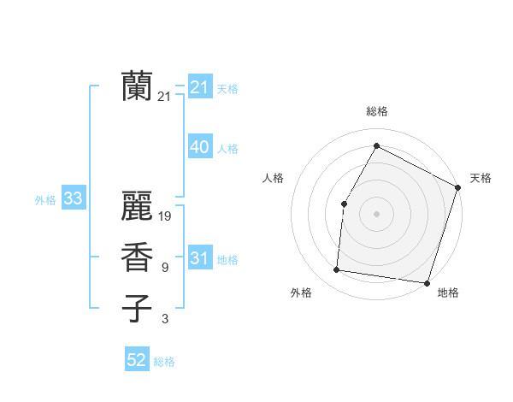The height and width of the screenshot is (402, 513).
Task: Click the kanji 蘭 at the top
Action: pyautogui.click(x=136, y=86)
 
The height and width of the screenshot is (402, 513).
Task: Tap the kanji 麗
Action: pyautogui.click(x=136, y=206)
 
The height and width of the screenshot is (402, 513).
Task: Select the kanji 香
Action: pyautogui.click(x=136, y=257)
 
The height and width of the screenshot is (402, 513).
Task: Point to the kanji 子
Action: pyautogui.click(x=136, y=309)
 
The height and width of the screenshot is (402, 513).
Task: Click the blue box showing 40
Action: pyautogui.click(x=200, y=147)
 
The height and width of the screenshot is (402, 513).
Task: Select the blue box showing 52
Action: pyautogui.click(x=137, y=360)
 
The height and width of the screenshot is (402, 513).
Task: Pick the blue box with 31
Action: pyautogui.click(x=200, y=258)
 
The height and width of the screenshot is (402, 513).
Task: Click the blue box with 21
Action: pyautogui.click(x=200, y=87)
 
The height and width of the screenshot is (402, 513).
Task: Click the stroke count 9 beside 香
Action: pyautogui.click(x=164, y=268)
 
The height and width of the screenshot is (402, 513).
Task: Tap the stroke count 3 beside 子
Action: pyautogui.click(x=164, y=319)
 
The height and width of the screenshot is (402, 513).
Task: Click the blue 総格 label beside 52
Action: pyautogui.click(x=164, y=362)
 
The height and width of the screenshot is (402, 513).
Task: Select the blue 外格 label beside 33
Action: pyautogui.click(x=45, y=200)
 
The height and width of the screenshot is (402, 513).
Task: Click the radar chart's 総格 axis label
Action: pyautogui.click(x=376, y=111)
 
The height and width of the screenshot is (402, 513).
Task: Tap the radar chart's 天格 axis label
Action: pyautogui.click(x=481, y=178)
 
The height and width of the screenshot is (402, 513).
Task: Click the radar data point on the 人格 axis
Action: pyautogui.click(x=344, y=204)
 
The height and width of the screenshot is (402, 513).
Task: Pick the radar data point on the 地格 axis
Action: pyautogui.click(x=426, y=282)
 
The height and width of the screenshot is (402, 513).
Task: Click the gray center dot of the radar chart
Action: pyautogui.click(x=376, y=214)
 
